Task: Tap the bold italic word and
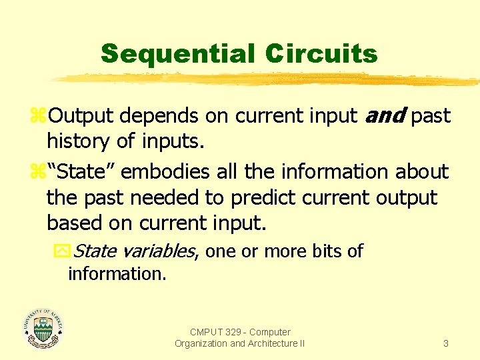tap(385, 116)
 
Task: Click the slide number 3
tap(446, 343)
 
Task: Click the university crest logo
tap(43, 328)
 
